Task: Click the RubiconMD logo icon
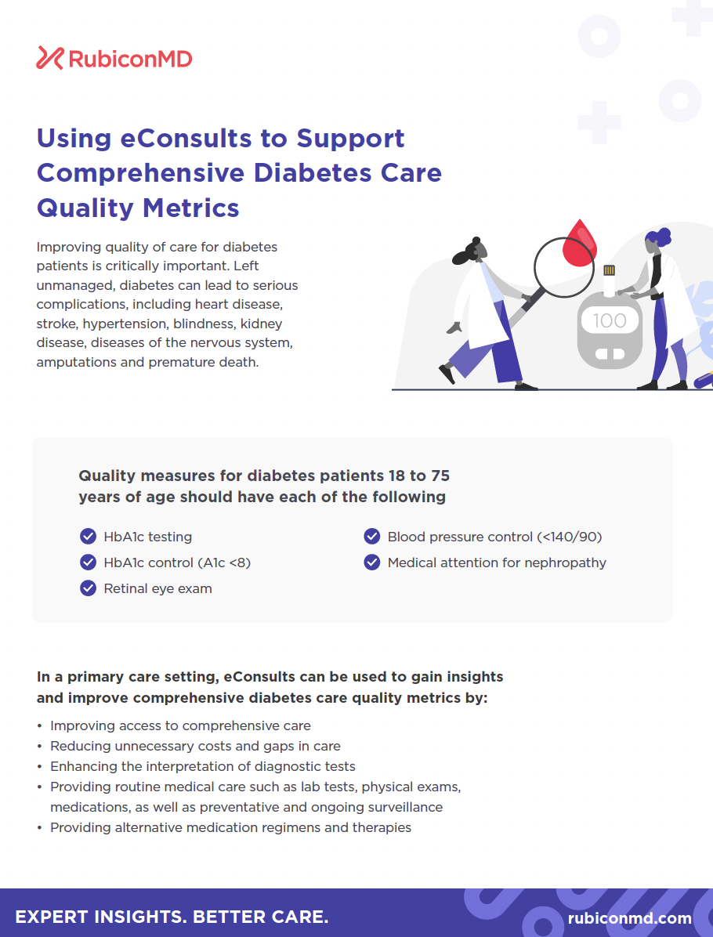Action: coord(49,58)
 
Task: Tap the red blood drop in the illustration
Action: coord(579,243)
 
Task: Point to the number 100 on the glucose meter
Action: coord(609,321)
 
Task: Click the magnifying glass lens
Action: coord(563,268)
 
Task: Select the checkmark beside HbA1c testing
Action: coord(88,536)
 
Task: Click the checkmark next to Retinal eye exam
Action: coord(88,588)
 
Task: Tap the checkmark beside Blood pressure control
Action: coord(371,536)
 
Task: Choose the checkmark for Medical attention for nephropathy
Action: coord(371,563)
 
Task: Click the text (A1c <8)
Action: coord(215,563)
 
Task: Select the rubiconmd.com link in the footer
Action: coord(629,918)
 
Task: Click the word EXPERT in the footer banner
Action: coord(52,917)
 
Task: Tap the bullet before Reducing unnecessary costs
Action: coord(39,747)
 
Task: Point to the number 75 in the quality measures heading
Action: coord(440,476)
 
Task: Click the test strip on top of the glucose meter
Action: coord(609,278)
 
